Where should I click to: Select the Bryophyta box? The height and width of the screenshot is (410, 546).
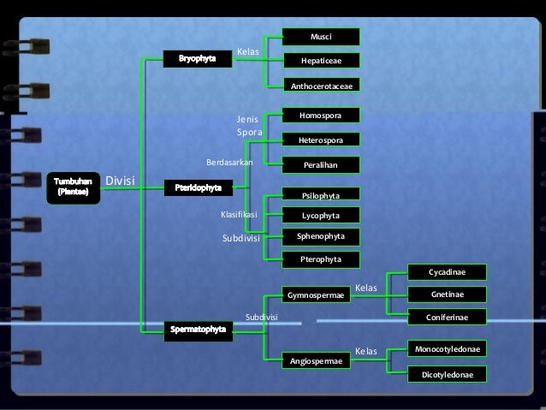pos(198,59)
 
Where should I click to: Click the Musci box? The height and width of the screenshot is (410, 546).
pos(322,37)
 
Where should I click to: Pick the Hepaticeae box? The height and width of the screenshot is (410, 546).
pos(322,62)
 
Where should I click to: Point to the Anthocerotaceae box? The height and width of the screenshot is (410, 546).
pos(322,86)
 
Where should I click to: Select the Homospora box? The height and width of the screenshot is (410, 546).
pos(322,115)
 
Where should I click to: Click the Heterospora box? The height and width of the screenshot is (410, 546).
pos(322,140)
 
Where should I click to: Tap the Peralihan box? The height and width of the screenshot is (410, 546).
pos(322,164)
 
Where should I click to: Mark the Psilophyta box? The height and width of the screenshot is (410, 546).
pos(322,195)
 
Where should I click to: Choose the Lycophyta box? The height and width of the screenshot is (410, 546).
pos(322,215)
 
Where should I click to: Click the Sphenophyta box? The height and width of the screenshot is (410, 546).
pos(322,235)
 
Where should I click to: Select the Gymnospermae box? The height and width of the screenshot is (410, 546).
pos(316,295)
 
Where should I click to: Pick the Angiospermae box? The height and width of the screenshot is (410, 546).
pos(316,361)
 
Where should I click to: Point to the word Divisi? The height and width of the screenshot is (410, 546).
pos(121,181)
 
